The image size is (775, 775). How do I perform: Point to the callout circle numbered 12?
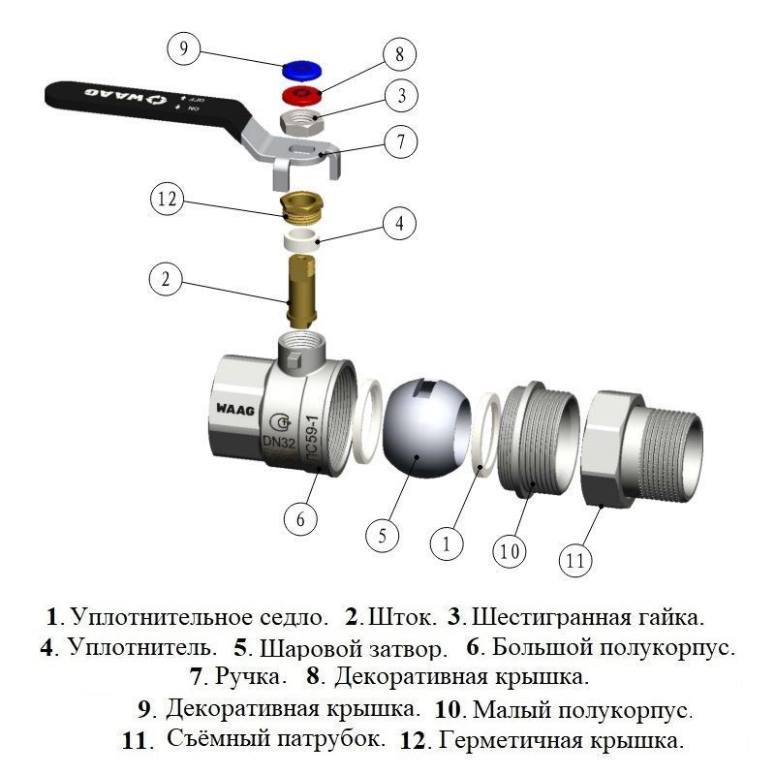[x=167, y=201]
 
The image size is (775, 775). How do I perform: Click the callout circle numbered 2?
[x=167, y=280]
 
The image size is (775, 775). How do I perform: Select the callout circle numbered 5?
[x=383, y=534]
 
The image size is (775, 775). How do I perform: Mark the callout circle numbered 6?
[x=300, y=519]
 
